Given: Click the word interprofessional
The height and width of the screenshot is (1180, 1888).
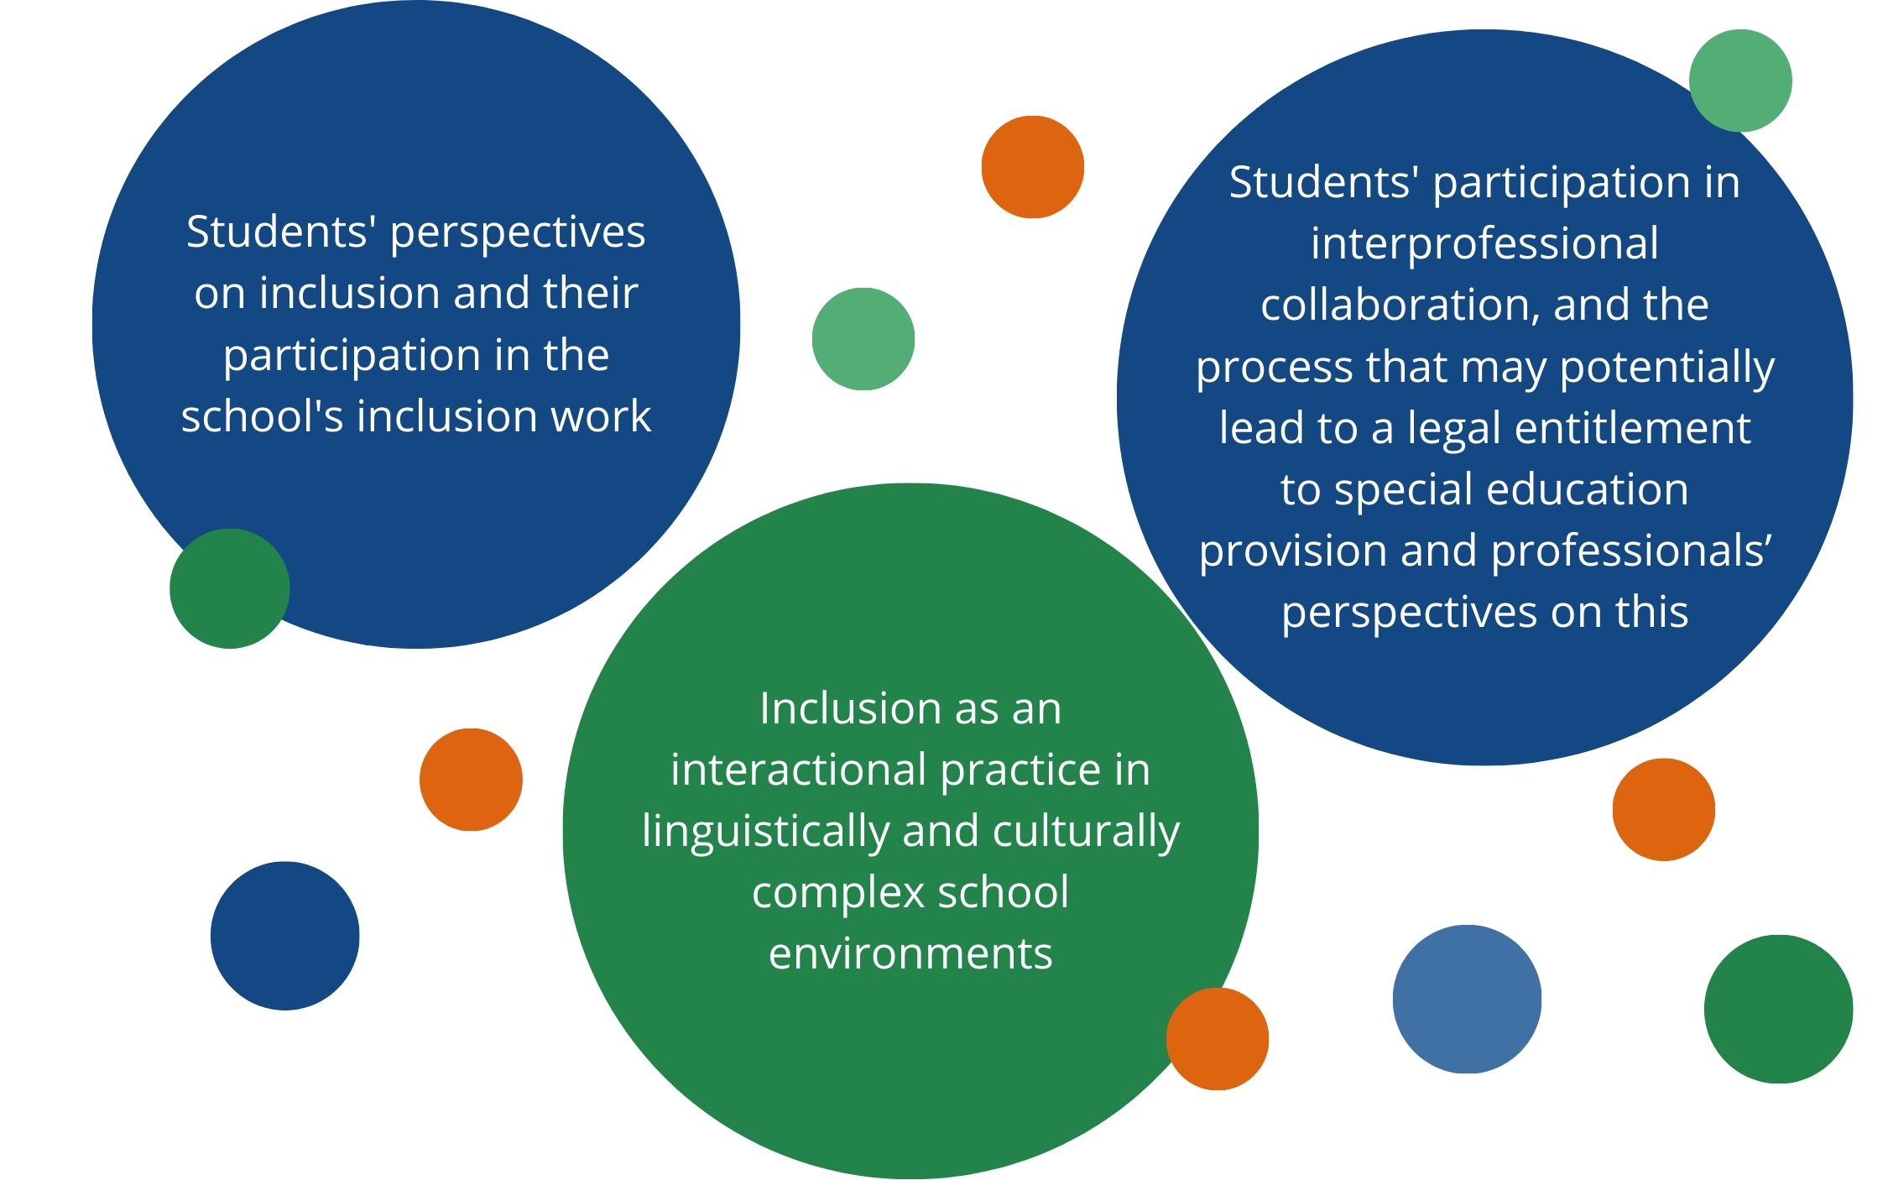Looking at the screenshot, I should coord(1484,243).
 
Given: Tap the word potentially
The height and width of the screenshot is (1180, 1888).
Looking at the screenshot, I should coord(1667,367).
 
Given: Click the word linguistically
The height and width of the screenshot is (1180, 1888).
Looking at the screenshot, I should coord(765,832).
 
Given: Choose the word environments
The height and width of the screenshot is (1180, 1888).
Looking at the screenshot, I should coord(910,953).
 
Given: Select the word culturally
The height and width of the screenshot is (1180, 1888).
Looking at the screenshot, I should coord(1086,832).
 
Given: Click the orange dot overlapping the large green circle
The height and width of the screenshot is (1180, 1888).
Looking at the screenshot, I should coord(1217,1039).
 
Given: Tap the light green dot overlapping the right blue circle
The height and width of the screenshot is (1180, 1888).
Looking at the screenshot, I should coord(1739,81).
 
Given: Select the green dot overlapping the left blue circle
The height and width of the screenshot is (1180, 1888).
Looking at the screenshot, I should coord(229,588).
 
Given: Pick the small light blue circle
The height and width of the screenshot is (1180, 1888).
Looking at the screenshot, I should coord(1466,999).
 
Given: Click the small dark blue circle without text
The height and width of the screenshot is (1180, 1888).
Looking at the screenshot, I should coord(284,936).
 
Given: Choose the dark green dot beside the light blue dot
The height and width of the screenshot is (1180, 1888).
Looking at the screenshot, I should coord(1777,1009).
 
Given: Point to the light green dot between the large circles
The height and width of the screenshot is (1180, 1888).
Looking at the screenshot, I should coord(863,339).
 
